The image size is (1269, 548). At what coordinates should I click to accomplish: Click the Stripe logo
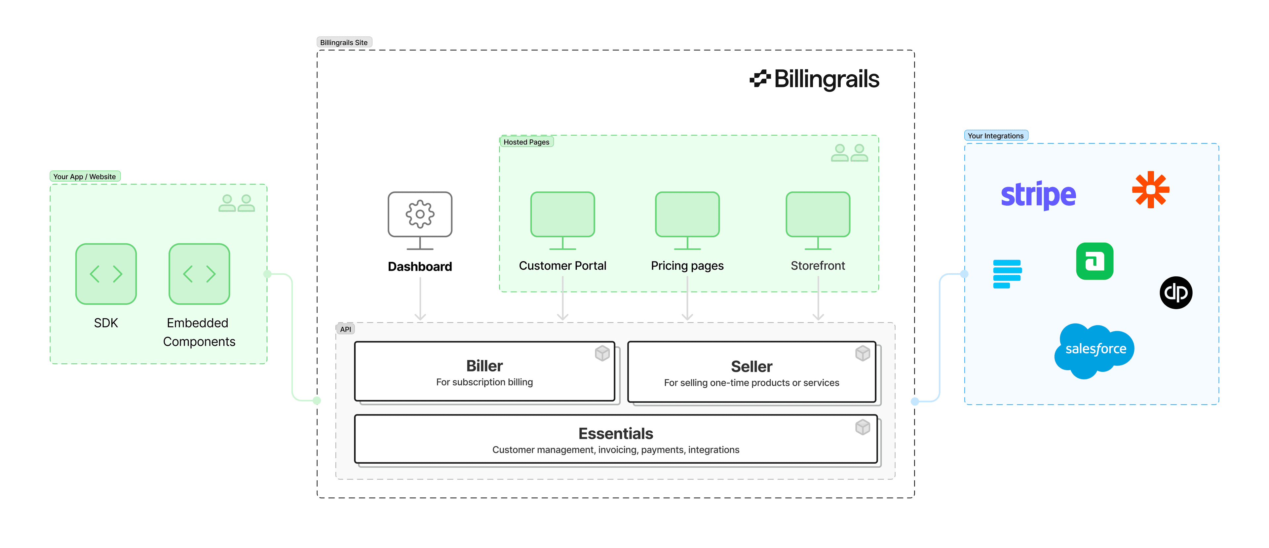click(1038, 195)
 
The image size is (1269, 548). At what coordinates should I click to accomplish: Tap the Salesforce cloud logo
click(1095, 350)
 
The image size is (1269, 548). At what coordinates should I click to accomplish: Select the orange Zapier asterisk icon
click(1150, 190)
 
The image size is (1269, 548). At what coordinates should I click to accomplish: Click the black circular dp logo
click(1176, 293)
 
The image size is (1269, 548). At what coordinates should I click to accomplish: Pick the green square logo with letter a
click(1095, 261)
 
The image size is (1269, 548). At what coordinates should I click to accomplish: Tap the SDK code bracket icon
click(106, 274)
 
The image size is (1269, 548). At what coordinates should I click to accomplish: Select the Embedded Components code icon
click(199, 274)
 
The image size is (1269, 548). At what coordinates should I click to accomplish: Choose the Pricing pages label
click(687, 266)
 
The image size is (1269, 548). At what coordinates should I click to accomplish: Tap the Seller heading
click(751, 367)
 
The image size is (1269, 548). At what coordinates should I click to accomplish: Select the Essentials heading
click(615, 434)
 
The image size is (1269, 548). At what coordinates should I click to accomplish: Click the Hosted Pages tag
click(526, 142)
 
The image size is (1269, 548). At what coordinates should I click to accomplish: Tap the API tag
click(345, 329)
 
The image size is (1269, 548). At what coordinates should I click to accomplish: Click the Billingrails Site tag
click(344, 42)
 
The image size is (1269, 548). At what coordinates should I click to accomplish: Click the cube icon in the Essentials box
click(863, 427)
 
